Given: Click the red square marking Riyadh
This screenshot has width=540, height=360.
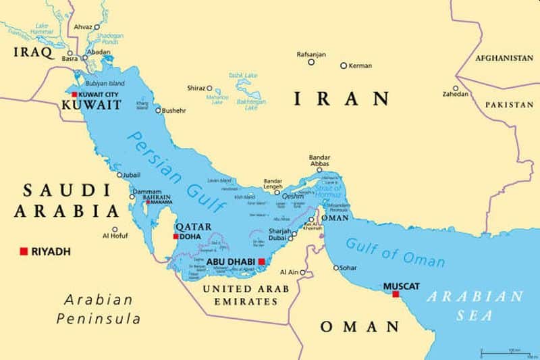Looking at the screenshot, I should (24, 251).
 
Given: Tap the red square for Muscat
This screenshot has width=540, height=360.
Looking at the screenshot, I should (396, 294).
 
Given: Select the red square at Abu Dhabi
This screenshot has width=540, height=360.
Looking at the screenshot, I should (262, 261).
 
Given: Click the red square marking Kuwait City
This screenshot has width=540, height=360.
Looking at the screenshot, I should (74, 95).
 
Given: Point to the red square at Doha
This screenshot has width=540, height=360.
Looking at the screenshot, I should (176, 236).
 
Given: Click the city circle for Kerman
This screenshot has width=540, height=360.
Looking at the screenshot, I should (344, 66).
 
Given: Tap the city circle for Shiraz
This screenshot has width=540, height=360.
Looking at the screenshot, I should (209, 88).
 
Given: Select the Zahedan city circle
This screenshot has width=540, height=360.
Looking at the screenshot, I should (456, 88).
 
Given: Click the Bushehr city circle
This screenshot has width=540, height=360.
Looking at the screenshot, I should (159, 110).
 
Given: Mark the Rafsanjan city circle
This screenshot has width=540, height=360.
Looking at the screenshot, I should (311, 62).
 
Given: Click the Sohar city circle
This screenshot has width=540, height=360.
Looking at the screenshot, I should (336, 267).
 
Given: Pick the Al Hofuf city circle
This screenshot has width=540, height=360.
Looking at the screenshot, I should (115, 229).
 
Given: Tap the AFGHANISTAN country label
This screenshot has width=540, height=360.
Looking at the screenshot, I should (504, 58).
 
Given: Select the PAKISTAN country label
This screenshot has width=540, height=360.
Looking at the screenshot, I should (508, 105).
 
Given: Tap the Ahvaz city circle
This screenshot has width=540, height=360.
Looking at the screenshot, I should (97, 27).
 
